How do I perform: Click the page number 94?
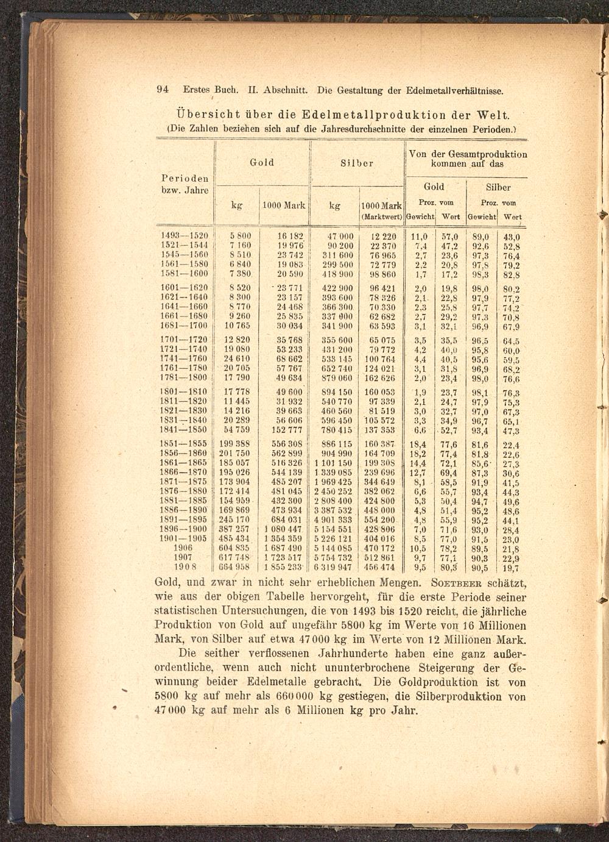tap(163, 90)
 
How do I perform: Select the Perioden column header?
tap(185, 179)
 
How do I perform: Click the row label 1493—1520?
tap(185, 237)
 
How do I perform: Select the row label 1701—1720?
tap(183, 340)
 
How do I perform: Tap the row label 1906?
tap(183, 548)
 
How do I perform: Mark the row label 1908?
tap(183, 567)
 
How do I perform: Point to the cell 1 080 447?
tap(283, 529)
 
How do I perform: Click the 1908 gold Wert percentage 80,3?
tap(449, 567)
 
